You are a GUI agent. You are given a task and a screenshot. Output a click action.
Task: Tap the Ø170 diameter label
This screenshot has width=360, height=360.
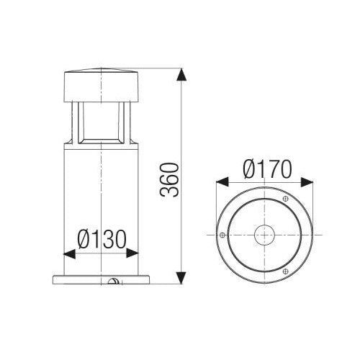tap(266, 169)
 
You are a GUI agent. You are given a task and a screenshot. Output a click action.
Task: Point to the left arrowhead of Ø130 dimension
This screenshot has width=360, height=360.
tap(69, 253)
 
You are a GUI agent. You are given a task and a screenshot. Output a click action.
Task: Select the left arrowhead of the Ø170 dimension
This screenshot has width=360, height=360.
tap(220, 184)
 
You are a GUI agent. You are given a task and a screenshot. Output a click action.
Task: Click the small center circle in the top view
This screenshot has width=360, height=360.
tap(264, 235)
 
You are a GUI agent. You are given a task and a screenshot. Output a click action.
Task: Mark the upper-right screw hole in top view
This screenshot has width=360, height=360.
tap(285, 199)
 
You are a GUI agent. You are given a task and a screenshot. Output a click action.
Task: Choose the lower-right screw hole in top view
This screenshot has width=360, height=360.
tap(285, 271)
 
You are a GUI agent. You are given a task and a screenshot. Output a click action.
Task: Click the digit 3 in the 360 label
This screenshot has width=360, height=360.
tap(169, 192)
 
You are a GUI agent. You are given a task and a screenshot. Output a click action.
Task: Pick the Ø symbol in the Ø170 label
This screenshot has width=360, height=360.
tap(249, 169)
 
